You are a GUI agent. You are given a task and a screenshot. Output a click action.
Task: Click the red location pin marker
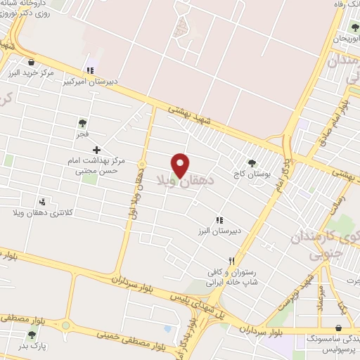pyautogui.click(x=180, y=165)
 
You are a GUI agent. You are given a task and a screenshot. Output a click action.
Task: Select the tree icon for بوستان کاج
pyautogui.click(x=252, y=162)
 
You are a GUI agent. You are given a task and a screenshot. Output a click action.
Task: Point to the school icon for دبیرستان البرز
pyautogui.click(x=219, y=219)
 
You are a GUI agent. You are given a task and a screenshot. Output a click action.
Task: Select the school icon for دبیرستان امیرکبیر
pyautogui.click(x=89, y=70)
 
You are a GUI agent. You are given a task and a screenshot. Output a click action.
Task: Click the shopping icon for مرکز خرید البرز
pyautogui.click(x=30, y=61)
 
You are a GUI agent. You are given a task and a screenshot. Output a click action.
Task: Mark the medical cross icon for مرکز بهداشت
pyautogui.click(x=96, y=150)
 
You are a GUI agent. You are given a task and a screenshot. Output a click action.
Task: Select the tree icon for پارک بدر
pyautogui.click(x=31, y=335)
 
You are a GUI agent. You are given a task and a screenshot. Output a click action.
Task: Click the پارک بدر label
pyautogui.click(x=31, y=346)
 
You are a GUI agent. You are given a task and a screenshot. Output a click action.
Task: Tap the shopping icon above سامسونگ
pyautogui.click(x=340, y=328)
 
